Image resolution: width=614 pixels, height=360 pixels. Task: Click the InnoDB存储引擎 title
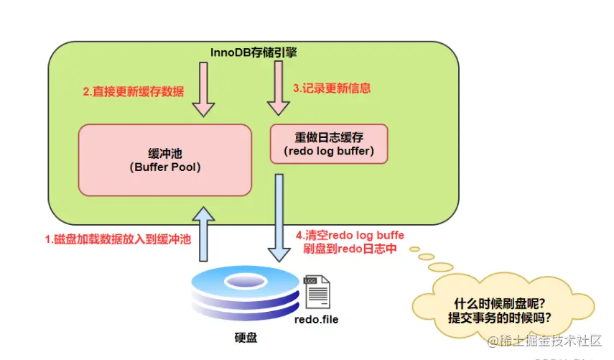click(253, 52)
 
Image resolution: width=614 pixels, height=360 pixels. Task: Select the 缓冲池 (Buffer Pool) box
click(164, 160)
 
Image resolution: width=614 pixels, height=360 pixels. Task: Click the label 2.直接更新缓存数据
click(134, 92)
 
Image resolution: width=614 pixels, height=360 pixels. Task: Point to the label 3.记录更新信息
click(332, 88)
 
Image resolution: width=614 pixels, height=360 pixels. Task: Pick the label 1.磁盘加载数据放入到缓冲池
click(118, 238)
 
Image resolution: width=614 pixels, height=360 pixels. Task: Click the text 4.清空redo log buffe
click(350, 235)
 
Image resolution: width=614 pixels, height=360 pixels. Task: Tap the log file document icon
click(315, 292)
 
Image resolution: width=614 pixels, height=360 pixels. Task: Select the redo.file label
click(316, 319)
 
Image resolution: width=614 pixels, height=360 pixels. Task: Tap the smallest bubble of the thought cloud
click(414, 249)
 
